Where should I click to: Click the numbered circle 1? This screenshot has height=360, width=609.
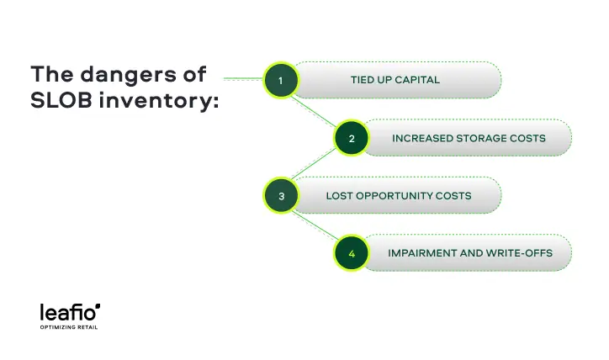(281, 81)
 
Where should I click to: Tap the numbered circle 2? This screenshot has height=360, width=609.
(351, 139)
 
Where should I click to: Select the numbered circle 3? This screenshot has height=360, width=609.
(281, 196)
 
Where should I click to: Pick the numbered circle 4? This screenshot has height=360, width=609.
(351, 253)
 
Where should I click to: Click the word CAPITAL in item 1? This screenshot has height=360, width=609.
(418, 81)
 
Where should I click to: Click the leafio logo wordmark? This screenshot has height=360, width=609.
(69, 313)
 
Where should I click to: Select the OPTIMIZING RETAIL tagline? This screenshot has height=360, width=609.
(69, 327)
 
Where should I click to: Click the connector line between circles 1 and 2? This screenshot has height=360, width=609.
(315, 110)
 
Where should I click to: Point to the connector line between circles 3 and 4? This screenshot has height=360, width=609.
(315, 225)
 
